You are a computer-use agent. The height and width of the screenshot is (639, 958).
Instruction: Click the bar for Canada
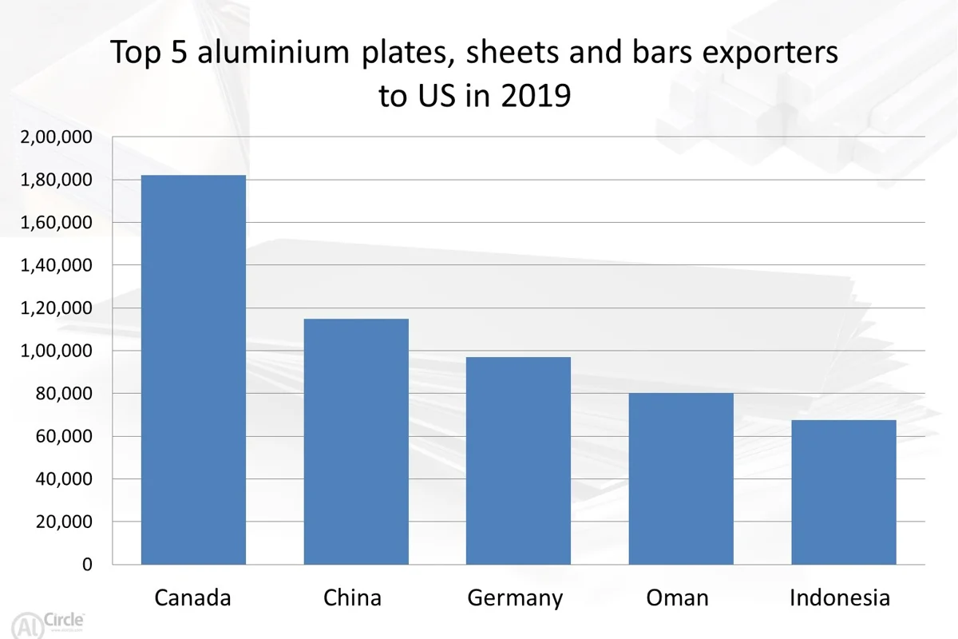[193, 370]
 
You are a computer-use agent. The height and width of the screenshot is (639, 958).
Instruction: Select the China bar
[356, 442]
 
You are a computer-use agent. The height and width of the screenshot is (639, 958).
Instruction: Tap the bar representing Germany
[518, 461]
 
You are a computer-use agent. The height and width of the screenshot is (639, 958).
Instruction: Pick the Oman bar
[681, 479]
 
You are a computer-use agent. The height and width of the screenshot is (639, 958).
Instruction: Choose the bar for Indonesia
[844, 492]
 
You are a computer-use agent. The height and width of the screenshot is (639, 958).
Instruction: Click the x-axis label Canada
[192, 597]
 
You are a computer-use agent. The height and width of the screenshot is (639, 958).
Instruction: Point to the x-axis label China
[352, 597]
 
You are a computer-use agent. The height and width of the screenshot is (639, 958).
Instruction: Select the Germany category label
[515, 598]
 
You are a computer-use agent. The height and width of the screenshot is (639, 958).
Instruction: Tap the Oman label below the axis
[677, 597]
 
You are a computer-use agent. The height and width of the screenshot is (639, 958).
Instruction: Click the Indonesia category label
[840, 597]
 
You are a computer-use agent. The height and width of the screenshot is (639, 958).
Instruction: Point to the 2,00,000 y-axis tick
[56, 137]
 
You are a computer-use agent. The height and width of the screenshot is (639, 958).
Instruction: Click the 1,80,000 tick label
[56, 181]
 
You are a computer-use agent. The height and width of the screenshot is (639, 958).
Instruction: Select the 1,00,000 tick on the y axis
[56, 351]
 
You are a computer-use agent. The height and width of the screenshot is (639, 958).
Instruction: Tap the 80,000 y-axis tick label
[64, 394]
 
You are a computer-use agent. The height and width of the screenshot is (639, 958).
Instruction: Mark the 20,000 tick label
[64, 522]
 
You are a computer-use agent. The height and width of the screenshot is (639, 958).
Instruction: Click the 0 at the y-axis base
[87, 565]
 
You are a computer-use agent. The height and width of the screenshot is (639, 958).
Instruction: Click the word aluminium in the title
[273, 52]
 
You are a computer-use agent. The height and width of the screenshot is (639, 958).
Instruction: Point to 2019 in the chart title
[536, 95]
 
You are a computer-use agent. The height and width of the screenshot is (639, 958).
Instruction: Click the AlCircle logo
[47, 625]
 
